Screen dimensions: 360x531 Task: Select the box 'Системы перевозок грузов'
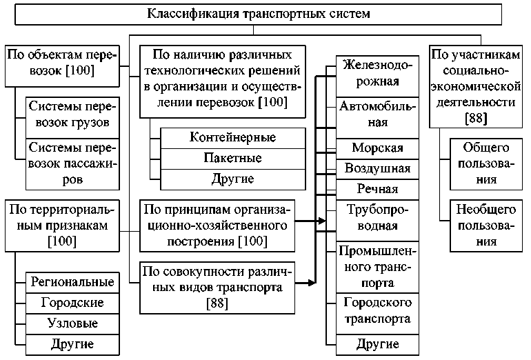(x=72, y=117)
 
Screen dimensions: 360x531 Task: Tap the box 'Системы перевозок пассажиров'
(x=72, y=163)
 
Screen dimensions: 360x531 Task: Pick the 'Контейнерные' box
(x=232, y=137)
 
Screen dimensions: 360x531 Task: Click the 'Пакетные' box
(x=232, y=158)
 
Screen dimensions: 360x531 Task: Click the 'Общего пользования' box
(x=481, y=164)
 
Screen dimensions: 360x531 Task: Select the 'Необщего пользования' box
(x=481, y=223)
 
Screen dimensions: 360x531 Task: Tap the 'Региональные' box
(x=72, y=282)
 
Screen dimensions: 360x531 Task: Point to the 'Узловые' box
(x=72, y=323)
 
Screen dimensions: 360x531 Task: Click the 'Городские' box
(x=72, y=303)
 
